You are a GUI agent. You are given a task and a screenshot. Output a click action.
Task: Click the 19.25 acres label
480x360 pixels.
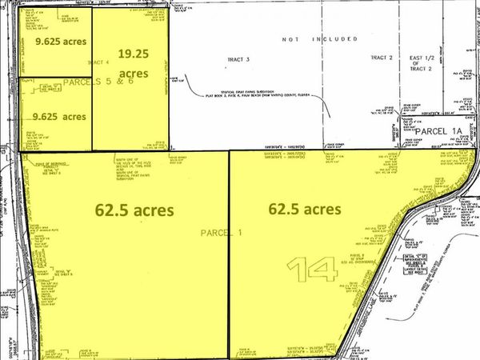[133, 62]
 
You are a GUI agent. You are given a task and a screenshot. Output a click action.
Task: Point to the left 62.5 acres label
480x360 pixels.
[130, 212]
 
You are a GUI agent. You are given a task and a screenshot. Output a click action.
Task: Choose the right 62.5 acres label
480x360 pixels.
[306, 209]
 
